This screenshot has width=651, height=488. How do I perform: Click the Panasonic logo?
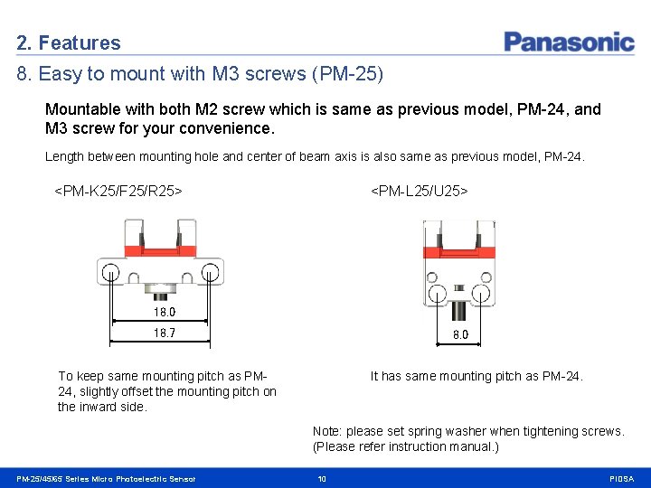point(569,42)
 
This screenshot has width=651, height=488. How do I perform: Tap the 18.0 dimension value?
point(165,312)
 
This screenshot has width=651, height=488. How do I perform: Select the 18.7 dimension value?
point(165,333)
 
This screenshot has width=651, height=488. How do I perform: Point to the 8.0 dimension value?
point(460,334)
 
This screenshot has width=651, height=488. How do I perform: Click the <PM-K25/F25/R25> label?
point(118,191)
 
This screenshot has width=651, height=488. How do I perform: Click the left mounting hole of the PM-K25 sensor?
point(110,270)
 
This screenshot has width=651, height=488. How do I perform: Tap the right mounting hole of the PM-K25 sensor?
point(210,270)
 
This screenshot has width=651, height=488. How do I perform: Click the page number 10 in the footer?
point(322,479)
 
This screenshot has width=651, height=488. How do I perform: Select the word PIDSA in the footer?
point(622,479)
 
